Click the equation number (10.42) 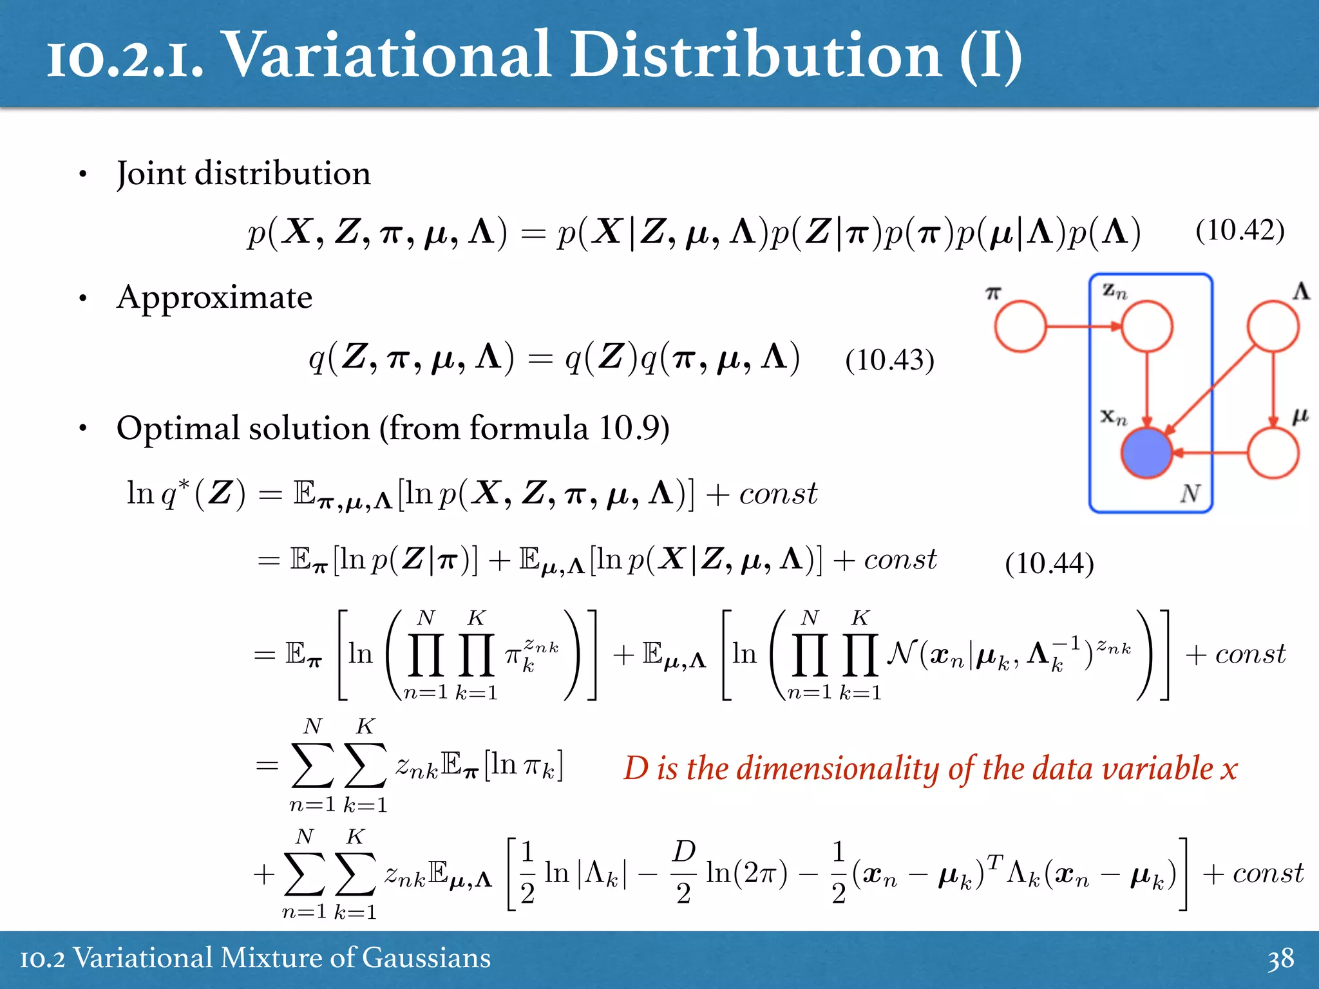[1240, 231]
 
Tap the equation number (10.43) [889, 360]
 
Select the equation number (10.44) [1049, 563]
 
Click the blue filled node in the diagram [1146, 453]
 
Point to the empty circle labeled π [1020, 326]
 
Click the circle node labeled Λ [1273, 326]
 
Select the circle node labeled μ [1273, 453]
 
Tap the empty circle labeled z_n [1146, 326]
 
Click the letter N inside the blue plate [1190, 494]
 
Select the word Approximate [214, 297]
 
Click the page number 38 [1280, 959]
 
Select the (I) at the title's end [990, 57]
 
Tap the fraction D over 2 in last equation [683, 872]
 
